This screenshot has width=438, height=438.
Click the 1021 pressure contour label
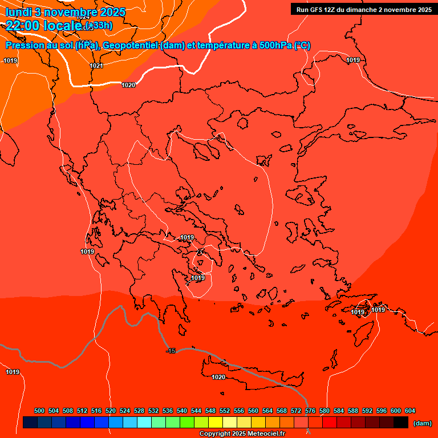pyautogui.click(x=96, y=66)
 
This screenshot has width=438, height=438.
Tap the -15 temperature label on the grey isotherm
pyautogui.click(x=171, y=351)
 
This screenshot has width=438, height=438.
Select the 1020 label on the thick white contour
pyautogui.click(x=128, y=85)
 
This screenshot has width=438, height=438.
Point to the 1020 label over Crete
pyautogui.click(x=218, y=377)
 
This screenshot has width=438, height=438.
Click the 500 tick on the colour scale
pyautogui.click(x=39, y=411)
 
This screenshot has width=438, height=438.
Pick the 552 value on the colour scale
pyautogui.click(x=225, y=411)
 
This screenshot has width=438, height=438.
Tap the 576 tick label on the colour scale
pyautogui.click(x=310, y=411)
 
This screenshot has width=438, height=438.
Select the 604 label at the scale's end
pyautogui.click(x=410, y=411)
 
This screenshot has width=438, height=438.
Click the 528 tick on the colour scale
pyautogui.click(x=139, y=411)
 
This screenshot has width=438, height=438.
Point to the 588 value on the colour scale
pyautogui.click(x=353, y=411)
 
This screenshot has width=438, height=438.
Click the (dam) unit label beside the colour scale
pyautogui.click(x=422, y=423)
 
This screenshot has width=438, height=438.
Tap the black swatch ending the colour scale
pyautogui.click(x=401, y=423)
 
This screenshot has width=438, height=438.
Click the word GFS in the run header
pyautogui.click(x=317, y=10)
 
